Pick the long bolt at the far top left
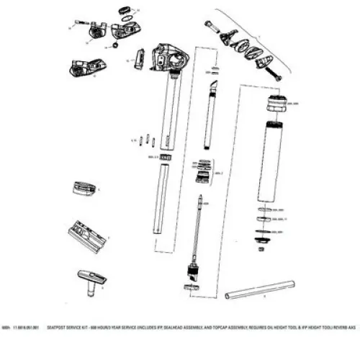(78, 28)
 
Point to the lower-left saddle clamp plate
(87, 66)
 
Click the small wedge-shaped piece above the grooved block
(86, 189)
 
